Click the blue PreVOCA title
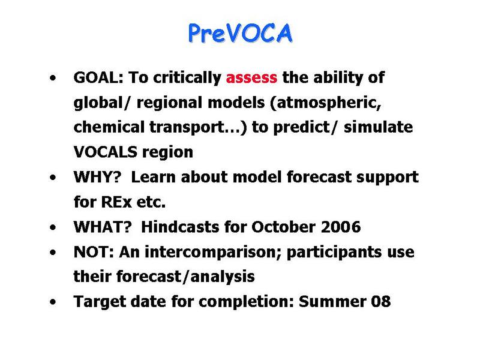pyautogui.click(x=241, y=33)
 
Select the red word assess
pyautogui.click(x=251, y=78)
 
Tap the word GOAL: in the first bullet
pyautogui.click(x=98, y=77)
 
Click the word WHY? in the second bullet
pyautogui.click(x=98, y=177)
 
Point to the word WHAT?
pyautogui.click(x=103, y=227)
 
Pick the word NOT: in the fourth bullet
pyautogui.click(x=94, y=252)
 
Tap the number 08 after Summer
pyautogui.click(x=381, y=302)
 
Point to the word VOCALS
pyautogui.click(x=106, y=152)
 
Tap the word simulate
pyautogui.click(x=379, y=127)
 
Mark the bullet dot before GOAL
pyautogui.click(x=53, y=78)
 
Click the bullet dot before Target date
pyautogui.click(x=53, y=302)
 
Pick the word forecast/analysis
pyautogui.click(x=185, y=277)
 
